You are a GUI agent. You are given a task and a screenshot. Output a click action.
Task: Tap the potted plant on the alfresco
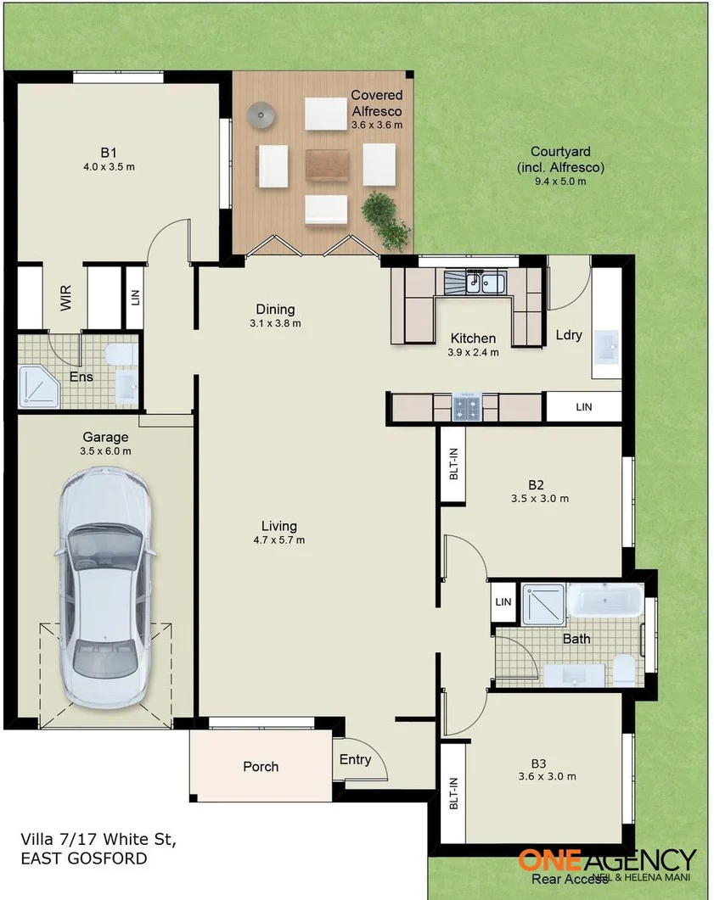pyautogui.click(x=387, y=217)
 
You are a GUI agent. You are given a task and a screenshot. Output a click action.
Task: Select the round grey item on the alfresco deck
pyautogui.click(x=261, y=113)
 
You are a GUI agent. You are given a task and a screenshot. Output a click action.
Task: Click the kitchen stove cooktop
pyautogui.click(x=466, y=406)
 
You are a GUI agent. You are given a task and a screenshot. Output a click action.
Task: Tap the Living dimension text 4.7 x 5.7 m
pyautogui.click(x=278, y=539)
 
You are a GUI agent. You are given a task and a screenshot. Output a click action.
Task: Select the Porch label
pyautogui.click(x=261, y=766)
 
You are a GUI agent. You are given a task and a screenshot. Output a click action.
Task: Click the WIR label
pyautogui.click(x=66, y=298)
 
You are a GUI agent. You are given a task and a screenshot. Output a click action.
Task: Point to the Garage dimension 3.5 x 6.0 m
pyautogui.click(x=106, y=451)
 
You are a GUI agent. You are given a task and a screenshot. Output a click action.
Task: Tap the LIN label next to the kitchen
pyautogui.click(x=583, y=407)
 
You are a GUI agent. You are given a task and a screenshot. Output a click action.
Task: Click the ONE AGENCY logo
pyautogui.click(x=606, y=860)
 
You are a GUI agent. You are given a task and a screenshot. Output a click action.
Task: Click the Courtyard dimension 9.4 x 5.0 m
pyautogui.click(x=560, y=181)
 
